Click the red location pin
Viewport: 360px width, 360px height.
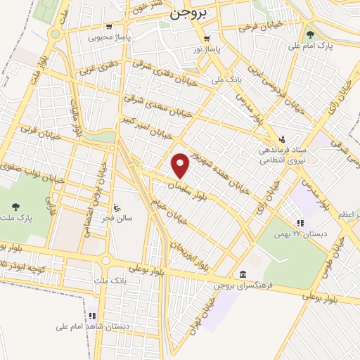[x=181, y=165]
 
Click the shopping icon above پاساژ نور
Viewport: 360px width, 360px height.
[x=206, y=39]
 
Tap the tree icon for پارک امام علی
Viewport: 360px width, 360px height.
[x=310, y=33]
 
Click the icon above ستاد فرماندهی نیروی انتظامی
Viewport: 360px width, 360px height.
[x=282, y=138]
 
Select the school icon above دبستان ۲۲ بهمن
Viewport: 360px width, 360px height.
[x=300, y=223]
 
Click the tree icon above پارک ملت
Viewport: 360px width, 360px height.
[x=15, y=207]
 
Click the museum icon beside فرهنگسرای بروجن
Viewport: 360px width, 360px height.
[x=243, y=274]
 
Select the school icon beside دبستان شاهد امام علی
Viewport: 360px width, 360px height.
[x=91, y=315]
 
